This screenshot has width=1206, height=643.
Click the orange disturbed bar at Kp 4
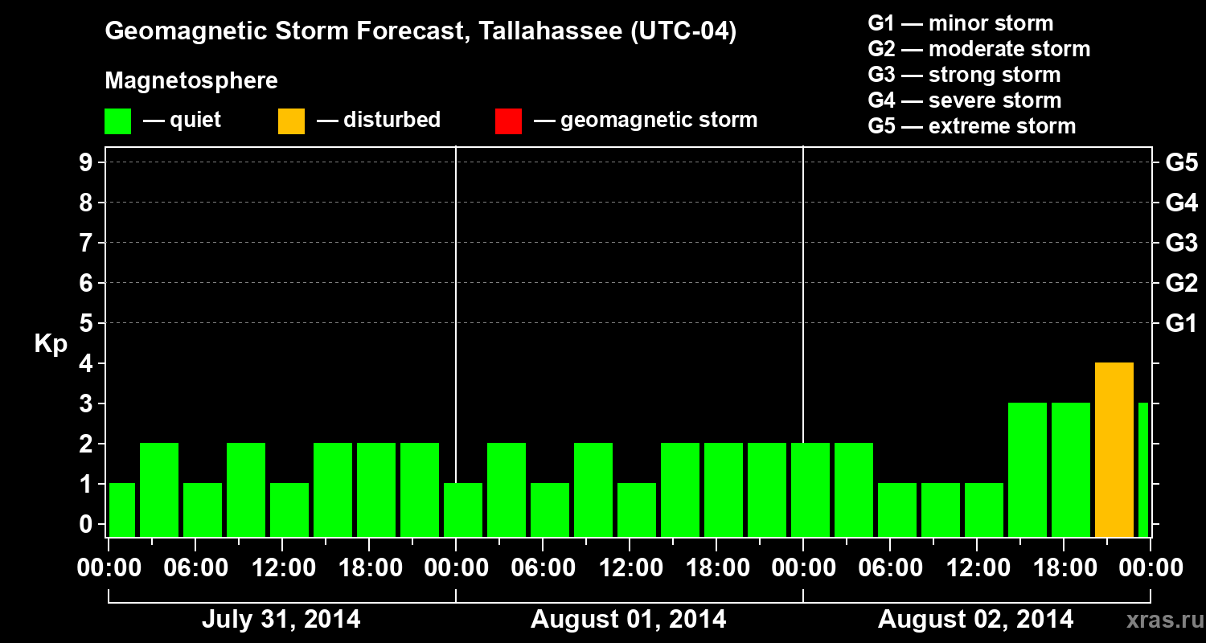coord(1114,450)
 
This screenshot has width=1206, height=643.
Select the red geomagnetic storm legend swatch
coord(508,121)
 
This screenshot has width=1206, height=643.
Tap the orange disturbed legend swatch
coord(291,121)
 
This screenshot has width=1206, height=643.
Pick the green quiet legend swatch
coord(117,121)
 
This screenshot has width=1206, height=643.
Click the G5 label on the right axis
coord(1181,162)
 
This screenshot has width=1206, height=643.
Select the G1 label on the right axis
coord(1181,324)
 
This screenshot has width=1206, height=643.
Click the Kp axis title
coord(51,344)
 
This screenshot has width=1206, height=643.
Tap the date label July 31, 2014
coord(281,619)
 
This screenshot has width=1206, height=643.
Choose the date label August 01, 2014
coord(628,619)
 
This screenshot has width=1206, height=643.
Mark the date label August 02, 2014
coord(975,619)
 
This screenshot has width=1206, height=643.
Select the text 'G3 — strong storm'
coord(964,75)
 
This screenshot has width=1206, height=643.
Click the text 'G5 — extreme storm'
coord(971,126)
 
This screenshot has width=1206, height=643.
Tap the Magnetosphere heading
coord(191,81)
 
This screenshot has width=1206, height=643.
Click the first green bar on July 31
coord(122,510)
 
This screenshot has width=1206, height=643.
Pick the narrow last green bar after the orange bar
coord(1142,469)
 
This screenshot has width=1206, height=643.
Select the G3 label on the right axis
coord(1181,243)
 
